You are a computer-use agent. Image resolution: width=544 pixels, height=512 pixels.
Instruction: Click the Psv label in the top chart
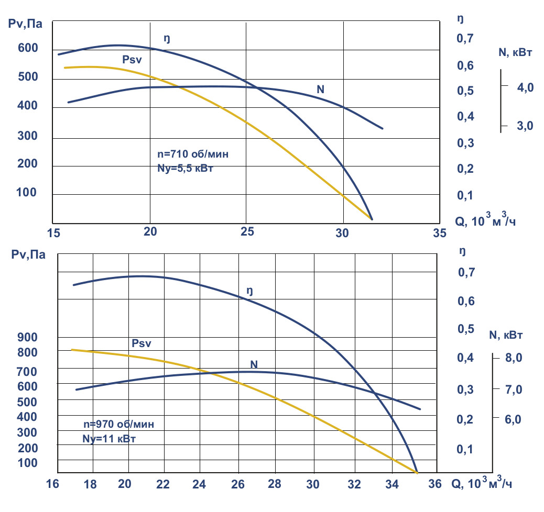pos(132,60)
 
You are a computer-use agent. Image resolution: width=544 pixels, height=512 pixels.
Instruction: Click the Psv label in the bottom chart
pos(141,343)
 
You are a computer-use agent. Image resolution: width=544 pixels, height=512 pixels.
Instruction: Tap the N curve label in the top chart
pos(320,90)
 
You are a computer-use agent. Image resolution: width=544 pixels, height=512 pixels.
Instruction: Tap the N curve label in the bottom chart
pos(254,364)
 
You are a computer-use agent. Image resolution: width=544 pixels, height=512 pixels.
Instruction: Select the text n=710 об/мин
pos(193,154)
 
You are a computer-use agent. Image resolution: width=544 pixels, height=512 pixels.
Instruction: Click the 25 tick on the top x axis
pos(247,231)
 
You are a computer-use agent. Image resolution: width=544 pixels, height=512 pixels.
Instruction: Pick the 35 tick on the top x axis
pos(439,232)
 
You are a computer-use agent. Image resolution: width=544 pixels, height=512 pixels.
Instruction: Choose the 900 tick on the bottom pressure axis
pos(28,338)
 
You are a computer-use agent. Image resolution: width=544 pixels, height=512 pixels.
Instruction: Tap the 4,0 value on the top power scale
pos(525,87)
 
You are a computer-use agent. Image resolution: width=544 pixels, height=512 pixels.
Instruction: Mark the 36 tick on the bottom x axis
pos(435,484)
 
